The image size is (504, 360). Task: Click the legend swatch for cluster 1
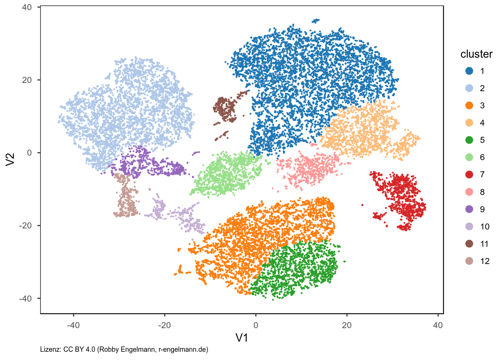coord(469,71)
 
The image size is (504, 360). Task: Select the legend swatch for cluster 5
coord(469,140)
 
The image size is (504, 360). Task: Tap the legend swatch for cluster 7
coord(469,174)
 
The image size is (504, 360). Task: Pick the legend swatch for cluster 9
coord(469,209)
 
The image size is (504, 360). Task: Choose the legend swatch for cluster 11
coord(469,244)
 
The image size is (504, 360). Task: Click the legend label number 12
coord(484,261)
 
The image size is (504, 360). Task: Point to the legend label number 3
coord(482,106)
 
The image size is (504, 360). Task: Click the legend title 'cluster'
coord(476,54)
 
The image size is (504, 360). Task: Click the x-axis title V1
coord(242,338)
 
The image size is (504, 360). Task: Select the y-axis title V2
coord(10,159)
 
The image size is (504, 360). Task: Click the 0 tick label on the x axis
coord(256,325)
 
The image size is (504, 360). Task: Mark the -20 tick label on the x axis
coord(164,325)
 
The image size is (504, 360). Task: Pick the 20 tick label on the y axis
coord(27,80)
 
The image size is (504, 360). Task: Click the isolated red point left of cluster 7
coord(362,205)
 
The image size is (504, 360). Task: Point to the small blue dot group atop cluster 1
coord(316,20)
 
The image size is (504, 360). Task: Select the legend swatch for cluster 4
coord(469,123)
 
